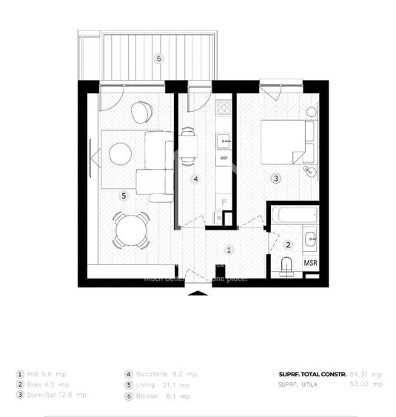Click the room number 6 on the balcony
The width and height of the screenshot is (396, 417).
(x=158, y=58)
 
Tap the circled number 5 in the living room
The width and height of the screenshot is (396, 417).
(x=124, y=196)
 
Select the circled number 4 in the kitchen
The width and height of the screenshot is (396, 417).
(x=195, y=179)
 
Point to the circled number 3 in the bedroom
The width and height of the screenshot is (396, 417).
(x=275, y=179)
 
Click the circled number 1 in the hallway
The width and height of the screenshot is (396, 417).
(x=229, y=250)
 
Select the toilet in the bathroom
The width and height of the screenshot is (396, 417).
(x=287, y=264)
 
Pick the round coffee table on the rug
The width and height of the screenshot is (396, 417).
(x=120, y=154)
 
